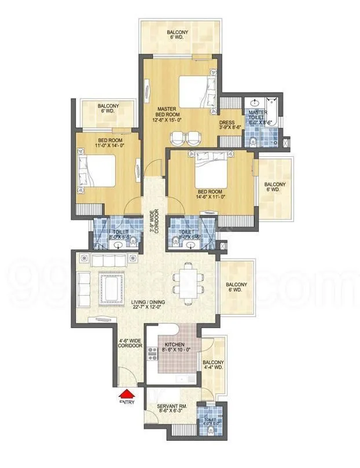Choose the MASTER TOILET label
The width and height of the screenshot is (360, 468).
tap(258, 116)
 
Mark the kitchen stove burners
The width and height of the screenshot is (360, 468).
tap(153, 353)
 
